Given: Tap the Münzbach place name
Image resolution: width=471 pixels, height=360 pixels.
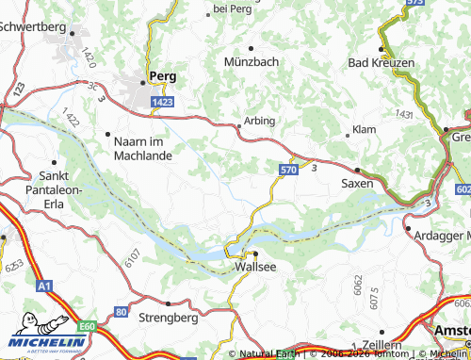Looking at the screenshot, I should (x=251, y=61).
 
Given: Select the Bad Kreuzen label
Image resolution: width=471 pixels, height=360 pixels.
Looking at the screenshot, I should (x=382, y=62).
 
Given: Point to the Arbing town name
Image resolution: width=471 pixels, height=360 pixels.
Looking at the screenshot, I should (x=260, y=121).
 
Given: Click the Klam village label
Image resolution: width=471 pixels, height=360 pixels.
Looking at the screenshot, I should (x=364, y=128).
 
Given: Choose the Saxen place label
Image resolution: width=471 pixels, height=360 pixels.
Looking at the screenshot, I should (x=356, y=185).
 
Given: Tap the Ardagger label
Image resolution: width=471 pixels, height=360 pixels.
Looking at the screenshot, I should (x=436, y=234).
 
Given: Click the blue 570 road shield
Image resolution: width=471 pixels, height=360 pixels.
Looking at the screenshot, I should (x=288, y=169).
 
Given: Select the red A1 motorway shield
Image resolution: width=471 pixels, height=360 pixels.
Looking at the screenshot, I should (x=44, y=283).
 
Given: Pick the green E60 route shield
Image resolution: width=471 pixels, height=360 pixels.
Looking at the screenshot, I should (x=88, y=325).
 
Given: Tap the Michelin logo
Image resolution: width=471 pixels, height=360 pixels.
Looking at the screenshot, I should (x=48, y=338).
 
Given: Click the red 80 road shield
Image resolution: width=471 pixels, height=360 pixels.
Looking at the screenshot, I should (x=121, y=310).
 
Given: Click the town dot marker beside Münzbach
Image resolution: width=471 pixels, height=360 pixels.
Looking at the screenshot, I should (x=250, y=46).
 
